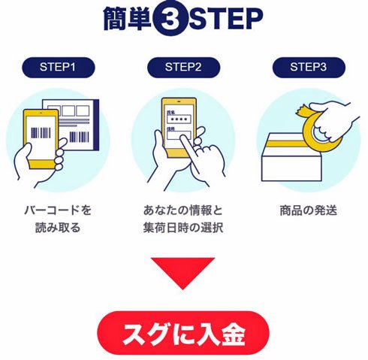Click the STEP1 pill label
[x=59, y=67]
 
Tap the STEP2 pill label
[x=183, y=67]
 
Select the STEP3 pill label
[x=309, y=67]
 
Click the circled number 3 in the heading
[x=170, y=19]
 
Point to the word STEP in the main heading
[x=226, y=19]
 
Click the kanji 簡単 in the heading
[x=128, y=19]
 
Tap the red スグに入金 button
[x=183, y=332]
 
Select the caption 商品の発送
[x=308, y=210]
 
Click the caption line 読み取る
[x=58, y=228]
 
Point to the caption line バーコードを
[x=58, y=210]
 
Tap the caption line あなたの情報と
[x=183, y=210]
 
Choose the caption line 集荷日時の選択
[x=183, y=228]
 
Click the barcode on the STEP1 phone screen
[x=41, y=133]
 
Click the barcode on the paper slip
[x=79, y=137]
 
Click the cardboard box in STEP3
[x=291, y=157]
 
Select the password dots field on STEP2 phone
[x=179, y=119]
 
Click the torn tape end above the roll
[x=303, y=110]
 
